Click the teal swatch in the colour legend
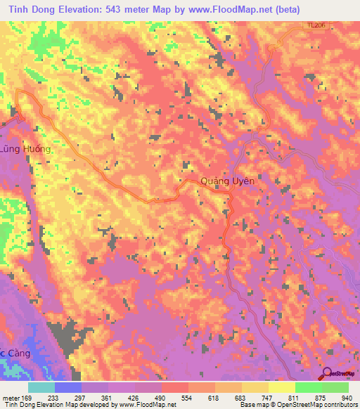point(41,387)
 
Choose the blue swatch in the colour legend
point(68,387)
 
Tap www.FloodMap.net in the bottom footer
point(150,405)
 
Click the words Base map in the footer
point(253,405)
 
